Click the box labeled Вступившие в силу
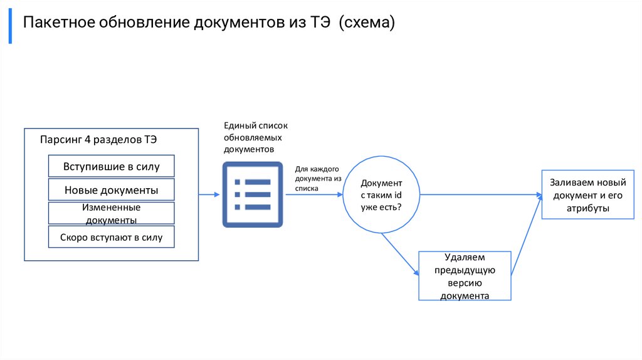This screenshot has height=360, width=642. point(111,166)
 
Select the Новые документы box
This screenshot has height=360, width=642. point(111,189)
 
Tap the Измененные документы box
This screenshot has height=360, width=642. point(111,213)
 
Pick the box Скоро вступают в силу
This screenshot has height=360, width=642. point(111,237)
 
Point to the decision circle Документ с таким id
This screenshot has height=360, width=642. point(381,194)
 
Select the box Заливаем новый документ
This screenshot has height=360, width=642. point(587,194)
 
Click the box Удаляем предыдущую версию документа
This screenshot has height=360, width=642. point(465,276)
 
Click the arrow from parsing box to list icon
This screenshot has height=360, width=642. point(209,194)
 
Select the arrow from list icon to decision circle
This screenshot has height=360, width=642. point(313,194)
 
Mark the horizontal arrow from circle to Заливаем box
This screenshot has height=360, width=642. point(480,194)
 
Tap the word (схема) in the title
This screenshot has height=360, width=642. point(367,23)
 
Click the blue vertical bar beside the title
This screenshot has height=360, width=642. point(10,26)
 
